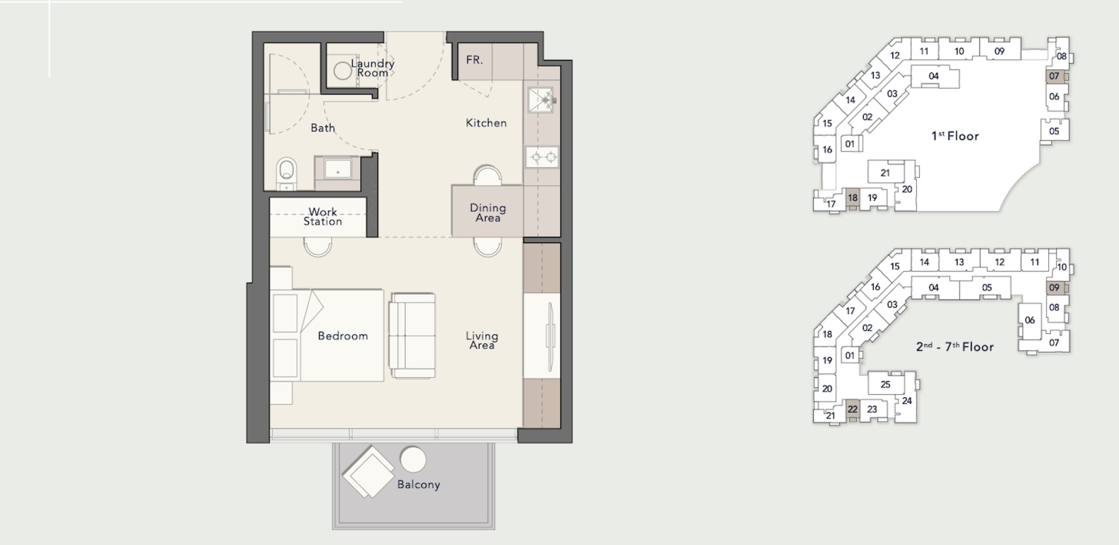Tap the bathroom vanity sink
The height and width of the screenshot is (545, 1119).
tap(337, 169)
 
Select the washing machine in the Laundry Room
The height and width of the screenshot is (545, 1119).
tap(343, 71)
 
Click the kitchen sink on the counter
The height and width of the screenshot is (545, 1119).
tap(541, 100)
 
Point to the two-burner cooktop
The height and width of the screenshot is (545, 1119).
tap(542, 157)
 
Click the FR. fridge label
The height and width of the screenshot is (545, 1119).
tap(474, 60)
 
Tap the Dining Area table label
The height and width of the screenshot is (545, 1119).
tap(487, 212)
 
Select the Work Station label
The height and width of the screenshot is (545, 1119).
tap(323, 216)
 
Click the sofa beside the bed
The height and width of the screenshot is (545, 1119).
tap(412, 336)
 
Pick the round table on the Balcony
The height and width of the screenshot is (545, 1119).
tap(413, 460)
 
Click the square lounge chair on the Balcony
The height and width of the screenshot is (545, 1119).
tap(368, 472)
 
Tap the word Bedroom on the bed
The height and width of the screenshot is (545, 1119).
tap(343, 336)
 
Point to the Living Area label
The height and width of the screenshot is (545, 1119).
tap(482, 341)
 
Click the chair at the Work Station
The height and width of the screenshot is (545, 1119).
tap(318, 246)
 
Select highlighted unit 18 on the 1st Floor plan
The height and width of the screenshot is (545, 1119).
tap(852, 198)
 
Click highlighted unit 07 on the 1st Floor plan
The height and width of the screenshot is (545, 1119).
tap(1054, 76)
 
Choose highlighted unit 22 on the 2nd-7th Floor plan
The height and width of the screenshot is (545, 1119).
tap(852, 409)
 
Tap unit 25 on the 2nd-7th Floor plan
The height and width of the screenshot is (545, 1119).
tap(886, 385)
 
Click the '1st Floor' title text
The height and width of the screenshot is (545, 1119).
tap(955, 136)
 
